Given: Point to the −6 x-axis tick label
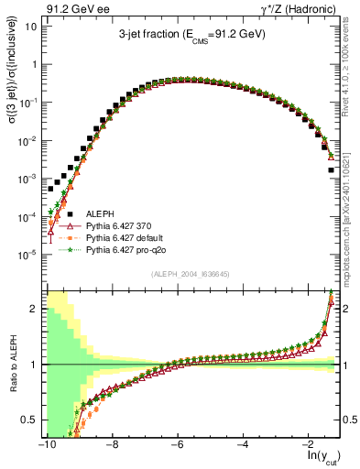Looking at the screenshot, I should tap(177, 444).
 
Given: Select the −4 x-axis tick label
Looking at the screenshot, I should tap(243, 444).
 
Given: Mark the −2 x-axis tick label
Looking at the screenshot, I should tap(308, 444).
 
